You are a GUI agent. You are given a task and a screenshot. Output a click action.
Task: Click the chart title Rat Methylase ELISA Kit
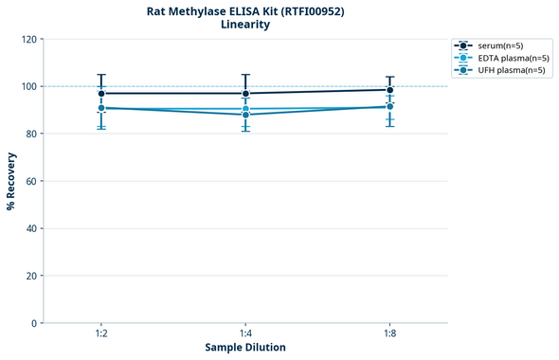(244, 10)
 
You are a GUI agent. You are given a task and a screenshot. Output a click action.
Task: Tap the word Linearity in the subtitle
(244, 25)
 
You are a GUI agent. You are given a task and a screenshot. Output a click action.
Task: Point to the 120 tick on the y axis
(30, 39)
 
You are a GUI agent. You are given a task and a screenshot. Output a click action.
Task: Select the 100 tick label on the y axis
(30, 86)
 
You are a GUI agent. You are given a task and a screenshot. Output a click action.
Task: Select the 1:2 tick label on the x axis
(100, 334)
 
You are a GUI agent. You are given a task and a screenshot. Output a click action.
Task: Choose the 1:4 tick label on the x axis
(245, 334)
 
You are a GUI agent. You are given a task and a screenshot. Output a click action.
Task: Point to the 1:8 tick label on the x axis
(389, 334)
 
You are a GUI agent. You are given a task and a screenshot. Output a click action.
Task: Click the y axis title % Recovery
(11, 180)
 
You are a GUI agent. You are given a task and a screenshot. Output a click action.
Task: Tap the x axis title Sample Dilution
(244, 348)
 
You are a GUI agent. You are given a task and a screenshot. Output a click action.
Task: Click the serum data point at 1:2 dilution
(101, 93)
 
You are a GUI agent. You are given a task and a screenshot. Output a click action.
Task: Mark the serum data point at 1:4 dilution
(245, 93)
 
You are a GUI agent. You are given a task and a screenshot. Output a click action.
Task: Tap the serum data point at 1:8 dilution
(389, 90)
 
